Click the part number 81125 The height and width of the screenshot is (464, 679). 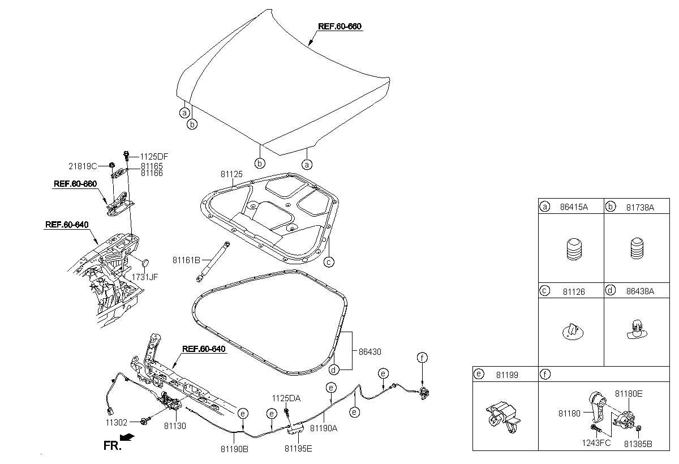[x=231, y=174]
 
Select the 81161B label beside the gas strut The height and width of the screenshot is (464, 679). [x=186, y=260]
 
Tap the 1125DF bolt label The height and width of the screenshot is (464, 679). [x=154, y=157]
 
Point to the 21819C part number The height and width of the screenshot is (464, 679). [x=83, y=166]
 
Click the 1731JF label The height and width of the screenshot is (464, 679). [x=145, y=277]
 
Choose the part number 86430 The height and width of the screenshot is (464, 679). [x=370, y=352]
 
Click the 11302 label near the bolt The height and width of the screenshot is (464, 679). [x=117, y=423]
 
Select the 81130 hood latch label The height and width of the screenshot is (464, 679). [x=175, y=426]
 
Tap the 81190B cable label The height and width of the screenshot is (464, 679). [x=234, y=449]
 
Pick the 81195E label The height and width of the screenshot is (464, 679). [x=298, y=449]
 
